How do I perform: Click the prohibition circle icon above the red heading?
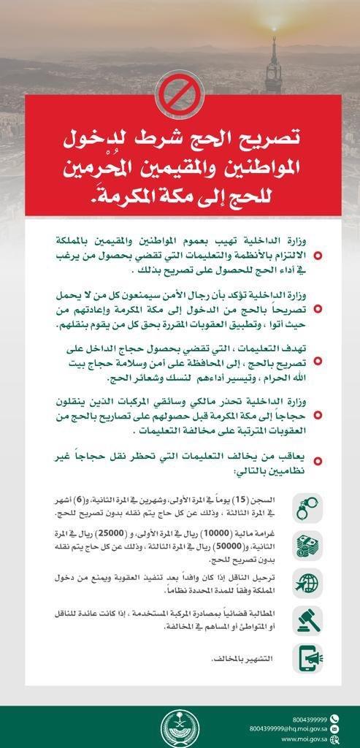coord(179,94)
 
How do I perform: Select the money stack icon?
coord(307,545)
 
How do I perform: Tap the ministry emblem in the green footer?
coord(179,725)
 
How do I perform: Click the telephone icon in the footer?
coord(334,718)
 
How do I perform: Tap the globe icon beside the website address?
coord(334,739)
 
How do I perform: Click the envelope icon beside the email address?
coord(334,729)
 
